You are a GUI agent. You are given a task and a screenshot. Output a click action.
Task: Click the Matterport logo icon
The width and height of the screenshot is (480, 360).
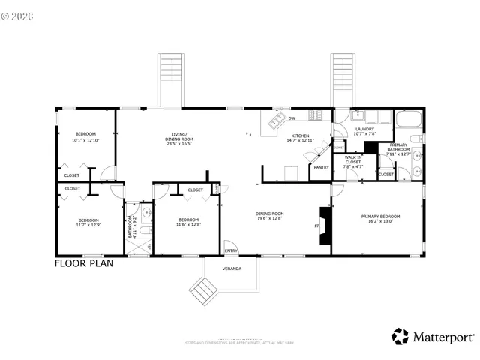pos(400,337)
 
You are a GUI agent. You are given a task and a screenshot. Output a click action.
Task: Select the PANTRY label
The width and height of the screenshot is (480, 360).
pos(322,167)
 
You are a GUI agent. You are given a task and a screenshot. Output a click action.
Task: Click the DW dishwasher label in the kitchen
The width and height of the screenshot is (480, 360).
pos(292,118)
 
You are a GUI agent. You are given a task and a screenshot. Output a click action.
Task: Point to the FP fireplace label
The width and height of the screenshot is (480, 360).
pos(316,225)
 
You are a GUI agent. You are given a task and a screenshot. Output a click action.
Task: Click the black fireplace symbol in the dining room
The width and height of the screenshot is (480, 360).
pos(324,225)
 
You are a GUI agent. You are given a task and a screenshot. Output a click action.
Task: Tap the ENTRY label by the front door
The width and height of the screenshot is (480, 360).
pos(231,250)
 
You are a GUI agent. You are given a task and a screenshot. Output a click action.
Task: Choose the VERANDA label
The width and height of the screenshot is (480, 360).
pos(232,268)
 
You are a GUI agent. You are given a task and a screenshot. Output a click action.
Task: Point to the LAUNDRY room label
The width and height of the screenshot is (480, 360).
pos(364,129)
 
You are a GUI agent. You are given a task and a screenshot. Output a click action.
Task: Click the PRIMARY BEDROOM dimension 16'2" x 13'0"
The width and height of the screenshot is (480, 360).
pos(380,222)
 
